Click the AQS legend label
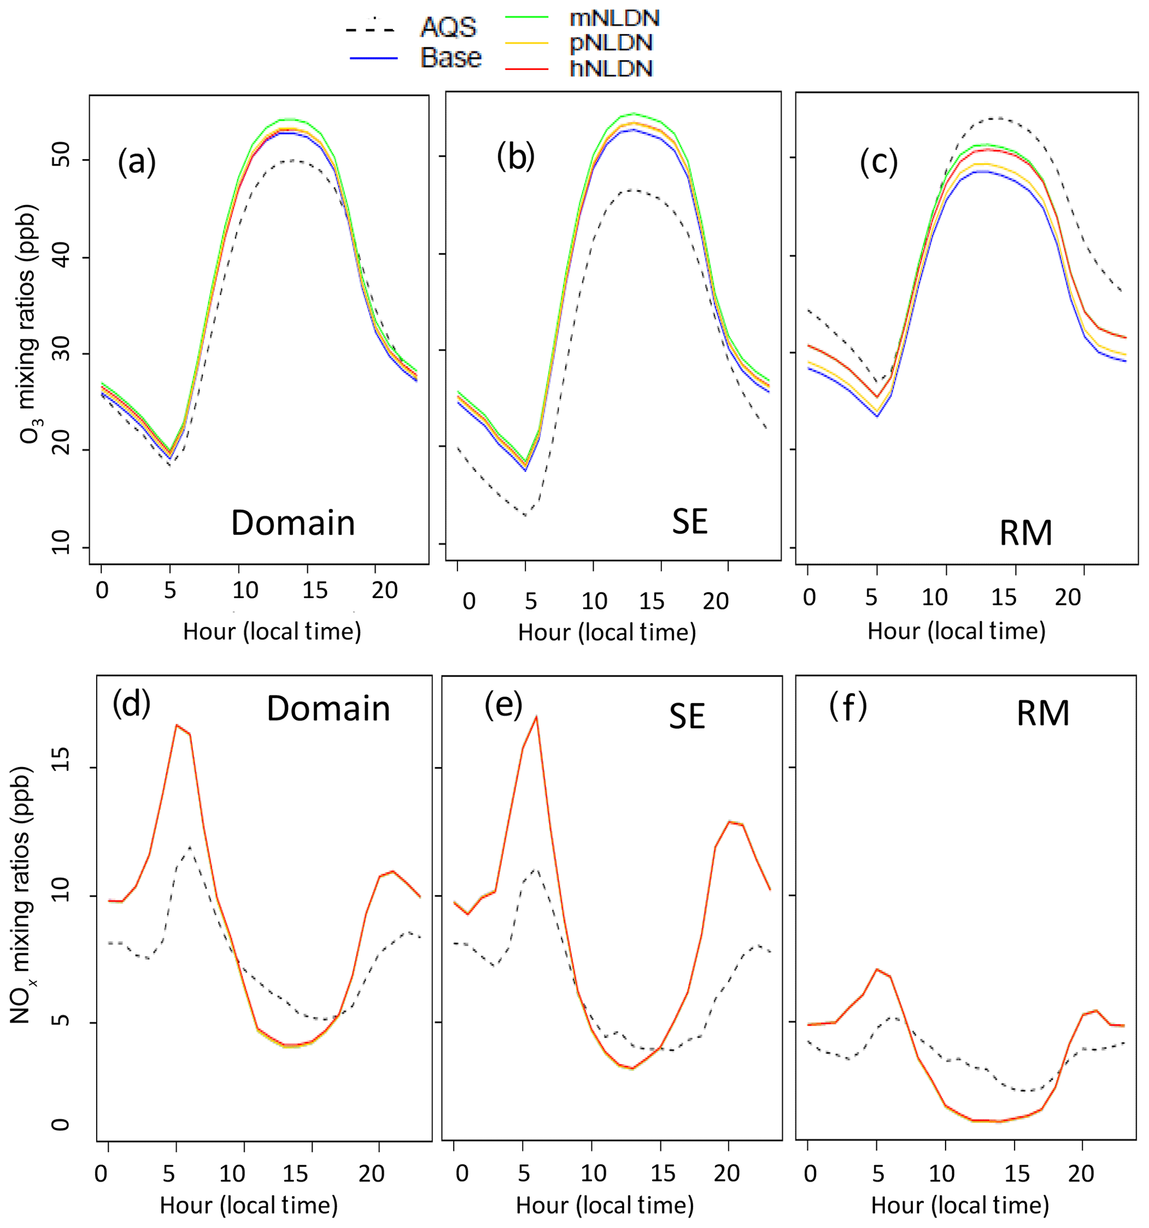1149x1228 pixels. point(449,28)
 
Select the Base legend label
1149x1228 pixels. point(451,57)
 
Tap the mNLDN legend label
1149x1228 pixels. point(614,18)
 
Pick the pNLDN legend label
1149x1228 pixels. point(611,43)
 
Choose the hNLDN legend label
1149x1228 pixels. point(611,68)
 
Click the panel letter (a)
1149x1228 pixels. point(137,162)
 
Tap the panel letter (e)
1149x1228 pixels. point(504,705)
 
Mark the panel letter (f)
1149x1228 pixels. point(848,706)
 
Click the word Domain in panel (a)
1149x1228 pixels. point(293,523)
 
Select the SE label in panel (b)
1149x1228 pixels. point(689,522)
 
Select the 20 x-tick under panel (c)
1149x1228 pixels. point(1067,596)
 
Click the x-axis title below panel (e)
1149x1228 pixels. point(605,1205)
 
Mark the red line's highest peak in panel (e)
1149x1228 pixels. point(537,717)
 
